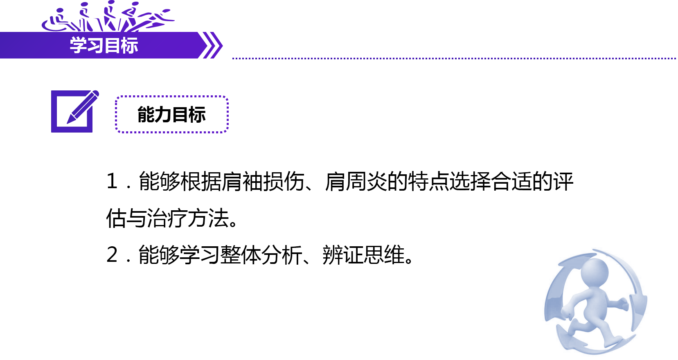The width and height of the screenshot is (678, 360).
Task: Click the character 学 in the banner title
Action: pos(78,45)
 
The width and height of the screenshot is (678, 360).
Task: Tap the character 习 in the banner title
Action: pos(95,45)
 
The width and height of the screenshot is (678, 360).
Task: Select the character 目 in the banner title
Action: pos(112,45)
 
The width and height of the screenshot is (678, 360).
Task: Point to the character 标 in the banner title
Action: pos(129,45)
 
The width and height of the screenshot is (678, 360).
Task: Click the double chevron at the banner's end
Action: pos(212,45)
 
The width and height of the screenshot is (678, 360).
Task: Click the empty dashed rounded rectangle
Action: pos(171,115)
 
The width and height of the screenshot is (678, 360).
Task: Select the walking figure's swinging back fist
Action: pos(623,304)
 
